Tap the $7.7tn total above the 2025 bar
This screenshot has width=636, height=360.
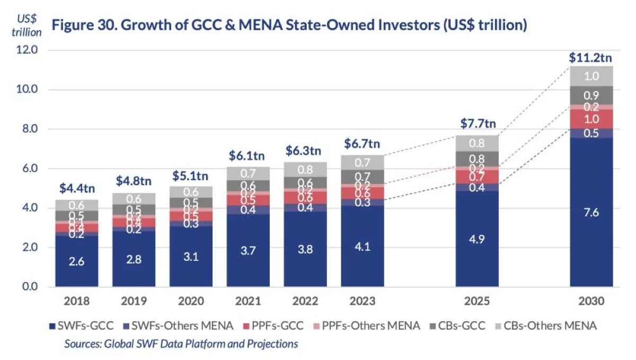click(x=478, y=124)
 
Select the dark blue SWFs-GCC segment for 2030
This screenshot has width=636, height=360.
click(x=591, y=212)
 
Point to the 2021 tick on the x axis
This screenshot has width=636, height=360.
click(x=248, y=301)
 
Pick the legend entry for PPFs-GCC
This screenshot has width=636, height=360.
click(x=282, y=325)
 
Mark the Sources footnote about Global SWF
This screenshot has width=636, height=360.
click(x=181, y=344)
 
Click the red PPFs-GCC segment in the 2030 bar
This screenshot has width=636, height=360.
click(x=591, y=119)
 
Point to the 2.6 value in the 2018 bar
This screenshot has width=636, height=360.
click(x=76, y=261)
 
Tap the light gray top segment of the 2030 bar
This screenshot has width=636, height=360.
click(x=591, y=76)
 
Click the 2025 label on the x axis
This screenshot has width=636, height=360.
click(x=478, y=301)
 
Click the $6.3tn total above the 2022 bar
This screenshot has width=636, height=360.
click(x=305, y=151)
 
